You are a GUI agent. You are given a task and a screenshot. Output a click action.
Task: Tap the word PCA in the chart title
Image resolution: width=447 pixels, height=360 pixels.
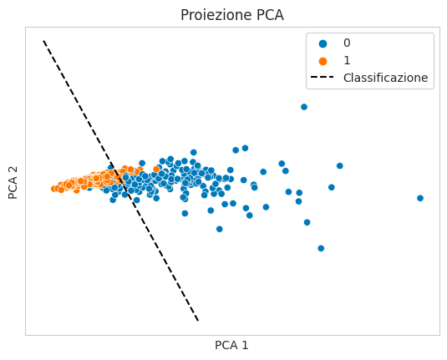point(270,15)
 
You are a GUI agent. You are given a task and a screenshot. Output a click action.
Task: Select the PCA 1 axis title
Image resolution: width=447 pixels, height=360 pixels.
point(231,345)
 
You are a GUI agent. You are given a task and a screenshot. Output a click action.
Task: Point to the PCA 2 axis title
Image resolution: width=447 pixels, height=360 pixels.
point(13,183)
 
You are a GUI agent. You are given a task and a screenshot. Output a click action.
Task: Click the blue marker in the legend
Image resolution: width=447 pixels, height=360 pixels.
point(323,43)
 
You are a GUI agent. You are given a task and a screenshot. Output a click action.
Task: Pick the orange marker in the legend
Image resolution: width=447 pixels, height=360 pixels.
point(323,61)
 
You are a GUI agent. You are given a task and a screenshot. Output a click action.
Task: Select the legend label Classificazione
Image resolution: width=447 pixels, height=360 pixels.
point(386,78)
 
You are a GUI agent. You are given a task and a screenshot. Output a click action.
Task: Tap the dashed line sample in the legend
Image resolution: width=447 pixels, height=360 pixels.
point(323,77)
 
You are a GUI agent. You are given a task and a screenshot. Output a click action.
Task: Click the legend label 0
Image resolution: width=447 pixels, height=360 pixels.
point(347,43)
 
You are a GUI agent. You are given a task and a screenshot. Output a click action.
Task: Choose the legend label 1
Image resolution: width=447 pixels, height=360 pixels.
point(347,60)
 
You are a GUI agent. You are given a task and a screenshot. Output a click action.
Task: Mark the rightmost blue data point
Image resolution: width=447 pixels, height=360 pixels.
point(420,198)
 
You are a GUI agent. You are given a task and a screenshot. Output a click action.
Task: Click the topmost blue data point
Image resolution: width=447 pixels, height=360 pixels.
point(304,107)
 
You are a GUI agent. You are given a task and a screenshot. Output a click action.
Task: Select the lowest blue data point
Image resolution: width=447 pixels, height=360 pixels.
point(321,248)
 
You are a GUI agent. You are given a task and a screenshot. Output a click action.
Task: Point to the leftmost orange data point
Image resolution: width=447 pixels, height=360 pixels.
point(53,189)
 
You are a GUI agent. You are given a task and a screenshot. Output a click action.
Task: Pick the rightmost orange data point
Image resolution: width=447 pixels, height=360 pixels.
point(156,169)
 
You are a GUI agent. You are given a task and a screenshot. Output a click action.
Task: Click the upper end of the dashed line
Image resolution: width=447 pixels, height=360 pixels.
point(43,40)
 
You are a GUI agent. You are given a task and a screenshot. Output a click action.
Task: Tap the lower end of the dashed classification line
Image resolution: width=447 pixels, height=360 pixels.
point(198,322)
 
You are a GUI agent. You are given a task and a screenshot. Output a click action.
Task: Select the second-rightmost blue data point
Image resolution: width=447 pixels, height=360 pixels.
point(339,165)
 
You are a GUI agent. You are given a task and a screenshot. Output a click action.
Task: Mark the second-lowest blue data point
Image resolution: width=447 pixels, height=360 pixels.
point(219,229)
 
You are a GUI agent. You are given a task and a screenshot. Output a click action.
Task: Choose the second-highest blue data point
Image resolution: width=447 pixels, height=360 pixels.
point(245,148)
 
